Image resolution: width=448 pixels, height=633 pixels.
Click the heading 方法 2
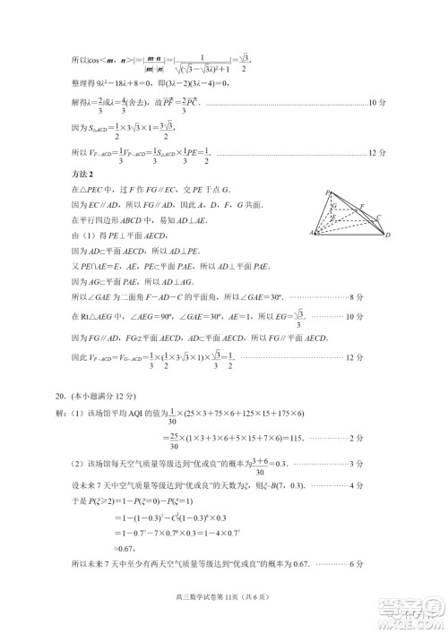point(82,173)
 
